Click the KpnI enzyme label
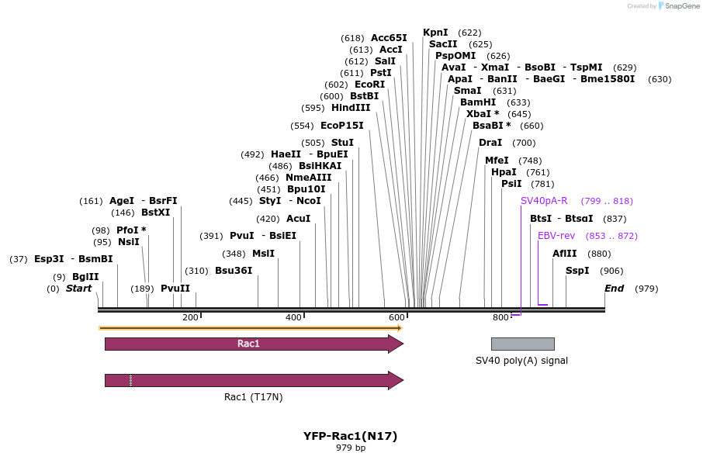point(435,33)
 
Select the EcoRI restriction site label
point(369,85)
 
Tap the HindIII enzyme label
point(351,108)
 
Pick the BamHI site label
point(478,102)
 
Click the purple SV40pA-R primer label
point(544,201)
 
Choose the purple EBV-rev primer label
point(556,236)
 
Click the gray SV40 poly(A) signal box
point(522,344)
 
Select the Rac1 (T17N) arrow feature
point(254,380)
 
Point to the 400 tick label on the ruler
point(293,317)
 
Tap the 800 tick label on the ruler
point(500,317)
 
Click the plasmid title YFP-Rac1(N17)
point(350,436)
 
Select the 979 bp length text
point(350,448)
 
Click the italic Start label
point(78,289)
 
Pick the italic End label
point(614,289)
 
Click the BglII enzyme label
point(85,277)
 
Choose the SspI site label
point(577,271)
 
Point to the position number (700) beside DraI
point(524,143)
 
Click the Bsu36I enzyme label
point(234,271)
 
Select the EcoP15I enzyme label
point(342,126)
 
